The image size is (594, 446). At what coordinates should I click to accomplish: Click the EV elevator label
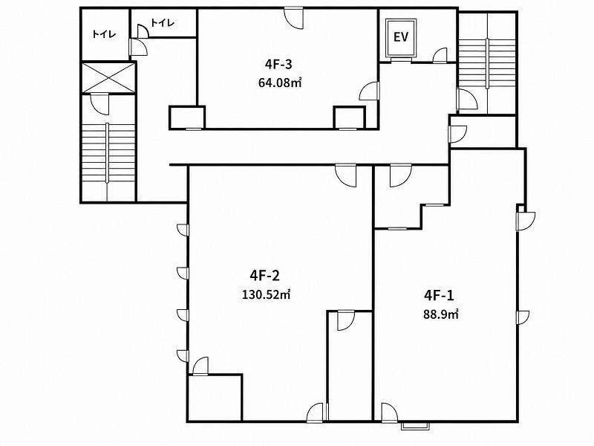400,37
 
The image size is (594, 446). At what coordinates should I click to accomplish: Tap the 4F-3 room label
278,65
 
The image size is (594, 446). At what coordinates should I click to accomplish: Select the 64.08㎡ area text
280,83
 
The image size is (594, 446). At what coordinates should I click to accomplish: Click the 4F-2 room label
264,275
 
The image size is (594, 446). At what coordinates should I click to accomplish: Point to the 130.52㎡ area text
267,294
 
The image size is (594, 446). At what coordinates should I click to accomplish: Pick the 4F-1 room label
439,295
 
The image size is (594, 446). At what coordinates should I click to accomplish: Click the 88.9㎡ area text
441,314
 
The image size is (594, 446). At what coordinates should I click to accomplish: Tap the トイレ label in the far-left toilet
104,34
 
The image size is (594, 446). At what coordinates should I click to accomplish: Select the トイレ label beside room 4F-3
163,23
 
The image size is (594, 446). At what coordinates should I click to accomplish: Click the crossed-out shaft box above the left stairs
108,77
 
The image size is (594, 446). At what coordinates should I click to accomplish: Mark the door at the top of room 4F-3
294,17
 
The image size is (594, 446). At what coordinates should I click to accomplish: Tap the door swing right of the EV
440,55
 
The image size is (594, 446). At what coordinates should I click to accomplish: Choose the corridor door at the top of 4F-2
345,175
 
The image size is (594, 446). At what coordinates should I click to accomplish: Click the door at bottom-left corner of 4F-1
389,413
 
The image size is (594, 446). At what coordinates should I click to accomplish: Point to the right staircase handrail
487,63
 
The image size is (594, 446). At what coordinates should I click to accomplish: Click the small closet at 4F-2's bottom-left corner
215,398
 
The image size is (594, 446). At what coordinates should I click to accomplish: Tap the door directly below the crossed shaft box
100,104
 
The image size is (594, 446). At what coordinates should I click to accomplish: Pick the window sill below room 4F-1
416,426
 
